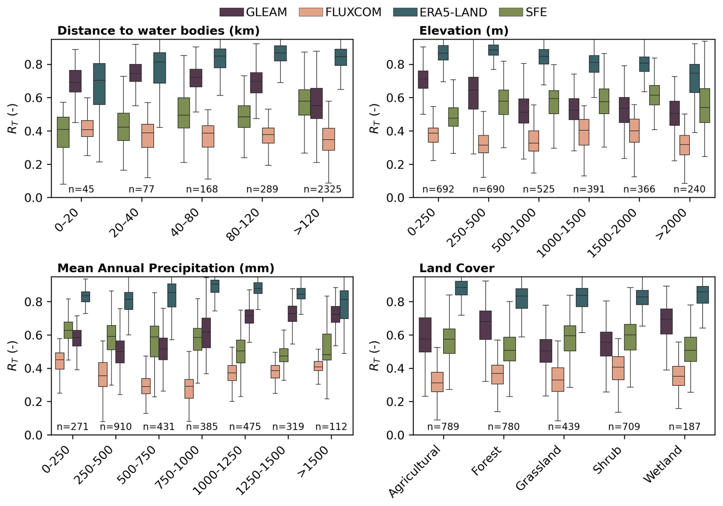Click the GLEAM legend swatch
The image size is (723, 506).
pos(232,12)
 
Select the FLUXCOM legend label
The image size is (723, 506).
pos(353,12)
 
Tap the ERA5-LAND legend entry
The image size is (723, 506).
pos(453,12)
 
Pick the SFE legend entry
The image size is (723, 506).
pos(536,12)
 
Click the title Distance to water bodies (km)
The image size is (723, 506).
pos(158,31)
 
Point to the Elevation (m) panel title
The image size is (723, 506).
pos(464,31)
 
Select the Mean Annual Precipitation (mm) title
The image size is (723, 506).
pos(165,268)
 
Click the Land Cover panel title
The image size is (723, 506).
pos(457,268)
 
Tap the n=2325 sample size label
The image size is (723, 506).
pos(322,189)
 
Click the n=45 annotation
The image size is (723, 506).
pos(81,189)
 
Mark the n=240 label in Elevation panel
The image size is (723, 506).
pos(689,189)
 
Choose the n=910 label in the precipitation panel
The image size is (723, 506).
pos(115,427)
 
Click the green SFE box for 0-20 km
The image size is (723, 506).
pos(63,132)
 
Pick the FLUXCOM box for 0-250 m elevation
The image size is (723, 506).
pos(433,135)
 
